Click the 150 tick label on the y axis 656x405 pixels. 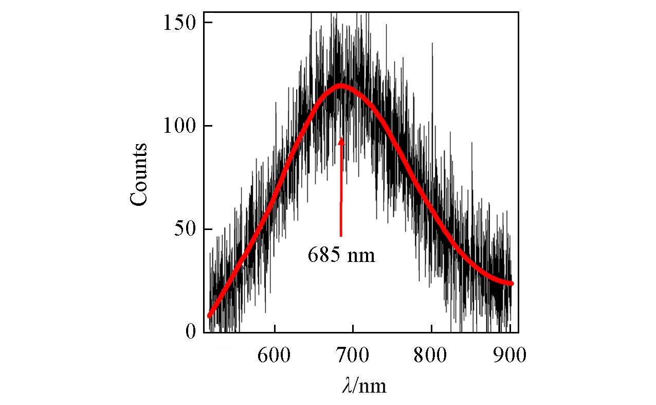coord(180,23)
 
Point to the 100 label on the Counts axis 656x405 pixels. coord(180,126)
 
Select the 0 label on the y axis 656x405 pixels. coord(191,332)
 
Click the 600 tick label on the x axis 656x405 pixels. coord(275,356)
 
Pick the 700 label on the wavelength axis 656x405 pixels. coord(353,356)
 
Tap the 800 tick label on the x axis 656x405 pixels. coord(431,356)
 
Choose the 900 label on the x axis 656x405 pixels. coord(509,356)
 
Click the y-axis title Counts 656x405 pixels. coord(139,175)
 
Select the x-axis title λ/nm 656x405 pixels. coord(364,385)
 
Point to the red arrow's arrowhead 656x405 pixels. coord(341,140)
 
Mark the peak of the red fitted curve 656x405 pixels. coord(340,85)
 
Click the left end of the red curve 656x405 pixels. coord(210,315)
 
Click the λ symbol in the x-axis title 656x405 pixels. coord(347,385)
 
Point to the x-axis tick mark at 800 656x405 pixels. coord(431,330)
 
